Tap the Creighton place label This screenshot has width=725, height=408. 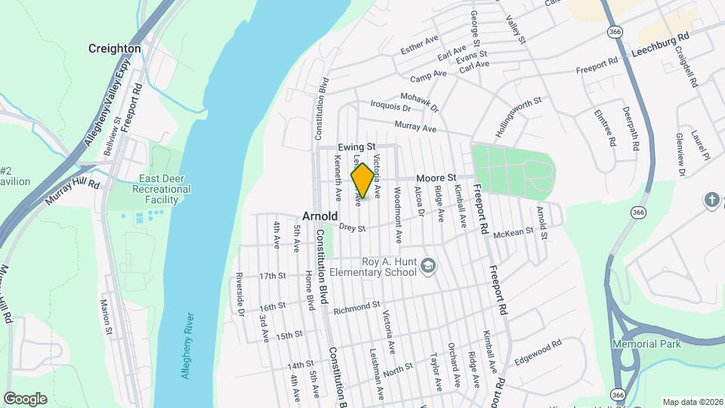pos(115,48)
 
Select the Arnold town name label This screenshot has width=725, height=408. pos(320,215)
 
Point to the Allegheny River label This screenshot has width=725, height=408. pos(189,345)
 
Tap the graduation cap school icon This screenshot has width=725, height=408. pos(428,264)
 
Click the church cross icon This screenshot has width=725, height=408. pos(711,200)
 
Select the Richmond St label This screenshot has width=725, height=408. pos(356,308)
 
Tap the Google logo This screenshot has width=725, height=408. pos(25,398)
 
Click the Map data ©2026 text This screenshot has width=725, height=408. pos(691,402)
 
